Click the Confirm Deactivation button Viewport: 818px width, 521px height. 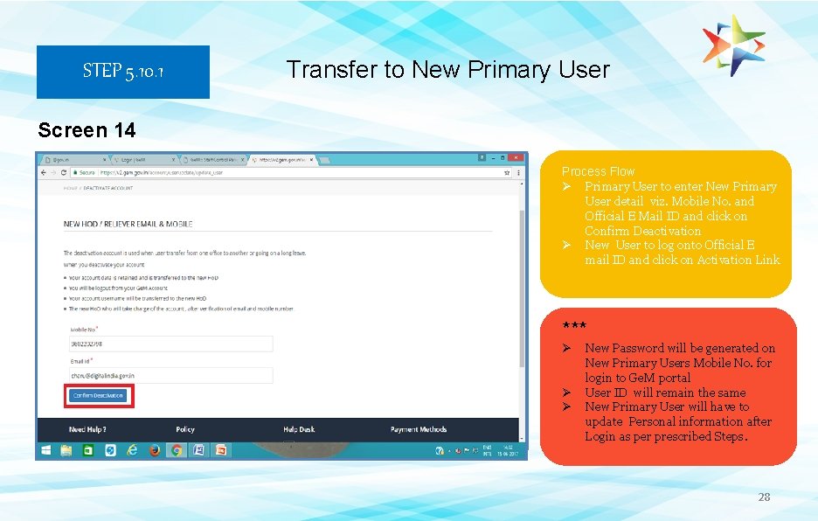[x=99, y=396]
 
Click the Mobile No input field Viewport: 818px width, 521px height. [x=170, y=344]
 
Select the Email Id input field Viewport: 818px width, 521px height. [x=170, y=376]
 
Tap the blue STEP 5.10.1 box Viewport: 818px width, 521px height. [x=122, y=72]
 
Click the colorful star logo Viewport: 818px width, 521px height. [x=734, y=45]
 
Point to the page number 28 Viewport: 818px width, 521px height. [x=764, y=497]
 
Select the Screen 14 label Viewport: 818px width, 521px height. [x=87, y=130]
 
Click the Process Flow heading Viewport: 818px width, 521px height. [x=598, y=171]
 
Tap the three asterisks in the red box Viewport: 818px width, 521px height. [x=574, y=326]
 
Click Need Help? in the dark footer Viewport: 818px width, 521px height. [x=87, y=429]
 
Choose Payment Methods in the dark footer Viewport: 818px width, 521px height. [x=419, y=429]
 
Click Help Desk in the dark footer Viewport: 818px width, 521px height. [x=299, y=429]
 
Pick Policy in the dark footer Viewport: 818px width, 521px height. [x=185, y=429]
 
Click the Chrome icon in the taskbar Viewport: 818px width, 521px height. [x=177, y=451]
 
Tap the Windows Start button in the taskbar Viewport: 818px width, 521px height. [x=45, y=451]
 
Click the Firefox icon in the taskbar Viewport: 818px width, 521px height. [x=155, y=451]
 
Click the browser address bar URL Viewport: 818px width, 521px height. [x=175, y=173]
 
